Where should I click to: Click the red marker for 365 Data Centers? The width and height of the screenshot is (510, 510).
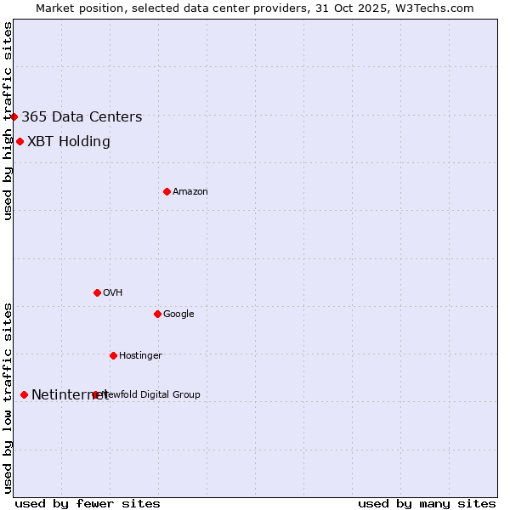coord(14,116)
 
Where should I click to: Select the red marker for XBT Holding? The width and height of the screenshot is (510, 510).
coord(20,141)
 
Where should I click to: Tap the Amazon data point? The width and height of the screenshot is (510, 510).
coord(167,191)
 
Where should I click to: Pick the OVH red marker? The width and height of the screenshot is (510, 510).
coord(97,292)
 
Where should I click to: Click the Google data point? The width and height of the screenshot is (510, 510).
coord(157,314)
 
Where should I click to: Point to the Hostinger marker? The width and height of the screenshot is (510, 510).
coord(113,355)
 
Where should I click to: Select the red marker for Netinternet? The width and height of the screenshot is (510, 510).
coord(24,394)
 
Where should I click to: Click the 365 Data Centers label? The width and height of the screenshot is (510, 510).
coord(82,117)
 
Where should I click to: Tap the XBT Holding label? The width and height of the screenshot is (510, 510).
coord(69,142)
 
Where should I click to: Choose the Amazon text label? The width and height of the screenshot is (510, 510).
coord(190,192)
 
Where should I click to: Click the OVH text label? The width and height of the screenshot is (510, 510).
coord(113,293)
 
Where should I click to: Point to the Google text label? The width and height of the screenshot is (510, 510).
coord(178,314)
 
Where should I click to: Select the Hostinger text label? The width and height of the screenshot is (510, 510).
coord(140,356)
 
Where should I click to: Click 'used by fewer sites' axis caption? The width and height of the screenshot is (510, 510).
coord(88,503)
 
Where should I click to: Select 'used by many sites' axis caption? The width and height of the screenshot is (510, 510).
coord(427,503)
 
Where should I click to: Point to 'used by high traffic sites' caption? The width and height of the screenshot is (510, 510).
coord(8,121)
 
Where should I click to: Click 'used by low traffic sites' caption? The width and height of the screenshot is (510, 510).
coord(8,397)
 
